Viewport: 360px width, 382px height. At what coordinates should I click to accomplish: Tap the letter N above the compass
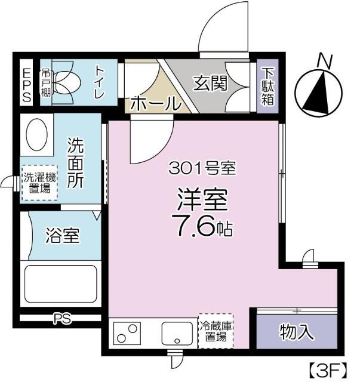(324, 61)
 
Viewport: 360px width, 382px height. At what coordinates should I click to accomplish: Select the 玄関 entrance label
(210, 84)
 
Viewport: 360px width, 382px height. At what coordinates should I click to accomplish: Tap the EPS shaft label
(27, 86)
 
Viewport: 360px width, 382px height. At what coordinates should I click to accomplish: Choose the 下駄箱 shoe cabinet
(268, 87)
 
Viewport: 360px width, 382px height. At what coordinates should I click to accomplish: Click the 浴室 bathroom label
(62, 236)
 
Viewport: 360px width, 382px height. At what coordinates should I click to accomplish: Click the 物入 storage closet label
(297, 332)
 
